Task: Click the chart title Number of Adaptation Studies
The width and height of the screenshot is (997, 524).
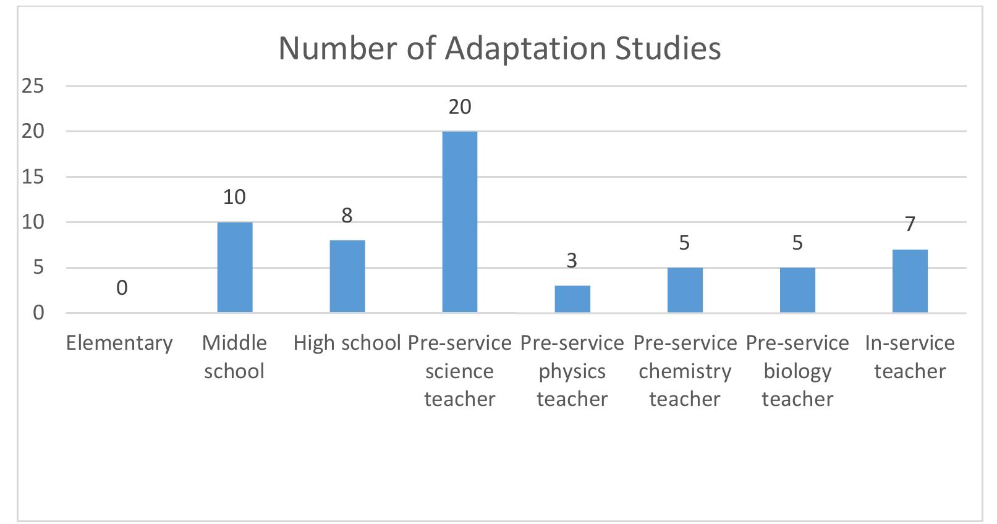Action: (499, 49)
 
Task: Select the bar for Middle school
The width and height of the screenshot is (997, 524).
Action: (235, 267)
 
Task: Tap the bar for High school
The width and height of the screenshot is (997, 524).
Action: (347, 276)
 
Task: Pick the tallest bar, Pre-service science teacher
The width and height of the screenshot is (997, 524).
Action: (460, 222)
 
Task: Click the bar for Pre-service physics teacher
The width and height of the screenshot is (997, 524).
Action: (572, 299)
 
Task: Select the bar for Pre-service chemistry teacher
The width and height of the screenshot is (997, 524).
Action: (685, 290)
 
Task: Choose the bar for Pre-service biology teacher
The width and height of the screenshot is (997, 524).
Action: (797, 290)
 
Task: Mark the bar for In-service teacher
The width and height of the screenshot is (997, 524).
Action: (910, 281)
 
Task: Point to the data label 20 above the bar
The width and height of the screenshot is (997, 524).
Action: (460, 107)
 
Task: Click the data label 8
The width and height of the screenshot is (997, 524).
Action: (347, 215)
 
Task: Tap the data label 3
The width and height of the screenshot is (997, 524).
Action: (572, 261)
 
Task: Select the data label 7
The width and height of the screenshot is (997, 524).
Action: (910, 224)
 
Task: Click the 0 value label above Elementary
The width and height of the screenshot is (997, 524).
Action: (122, 288)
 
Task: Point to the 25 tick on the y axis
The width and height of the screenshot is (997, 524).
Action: (33, 87)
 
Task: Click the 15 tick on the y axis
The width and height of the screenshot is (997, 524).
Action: (33, 177)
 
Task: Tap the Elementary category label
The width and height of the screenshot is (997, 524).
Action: (119, 343)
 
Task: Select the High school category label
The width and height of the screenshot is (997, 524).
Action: (347, 343)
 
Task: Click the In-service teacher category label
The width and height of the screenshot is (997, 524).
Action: (910, 357)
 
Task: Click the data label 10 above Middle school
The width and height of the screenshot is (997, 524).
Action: (235, 197)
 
